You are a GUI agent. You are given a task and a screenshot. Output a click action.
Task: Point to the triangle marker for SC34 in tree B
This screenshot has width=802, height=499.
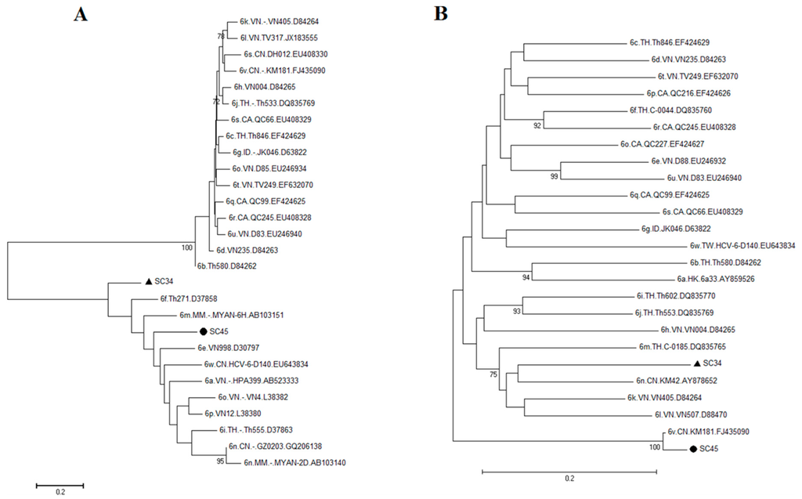(x=696, y=363)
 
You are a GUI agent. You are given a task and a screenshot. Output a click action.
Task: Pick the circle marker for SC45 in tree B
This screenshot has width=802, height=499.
(x=693, y=449)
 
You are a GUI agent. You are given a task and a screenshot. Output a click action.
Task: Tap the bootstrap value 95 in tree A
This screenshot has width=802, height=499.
(x=220, y=461)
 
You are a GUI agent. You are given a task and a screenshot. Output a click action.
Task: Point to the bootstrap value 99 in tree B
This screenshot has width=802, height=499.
(x=555, y=176)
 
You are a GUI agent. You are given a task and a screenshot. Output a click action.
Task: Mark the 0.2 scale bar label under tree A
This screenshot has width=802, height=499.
(x=60, y=491)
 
